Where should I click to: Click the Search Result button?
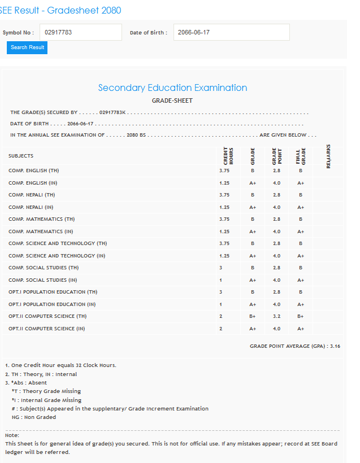(27, 47)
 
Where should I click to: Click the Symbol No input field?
(81, 32)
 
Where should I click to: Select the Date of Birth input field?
(231, 32)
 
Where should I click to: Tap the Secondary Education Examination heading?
(172, 88)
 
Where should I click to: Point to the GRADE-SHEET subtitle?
(172, 101)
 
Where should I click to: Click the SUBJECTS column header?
(21, 156)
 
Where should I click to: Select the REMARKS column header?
(328, 155)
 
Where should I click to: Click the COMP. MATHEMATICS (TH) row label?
(41, 219)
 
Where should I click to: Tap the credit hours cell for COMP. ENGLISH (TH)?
(224, 170)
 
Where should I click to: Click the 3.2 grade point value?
(276, 316)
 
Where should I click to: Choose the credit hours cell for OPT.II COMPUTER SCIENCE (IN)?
(220, 329)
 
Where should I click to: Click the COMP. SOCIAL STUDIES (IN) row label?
(43, 280)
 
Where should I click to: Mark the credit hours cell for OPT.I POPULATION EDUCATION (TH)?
(220, 292)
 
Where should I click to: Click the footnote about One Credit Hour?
(60, 365)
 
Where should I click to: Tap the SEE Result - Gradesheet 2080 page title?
(60, 10)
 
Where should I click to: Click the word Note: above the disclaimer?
(12, 435)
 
